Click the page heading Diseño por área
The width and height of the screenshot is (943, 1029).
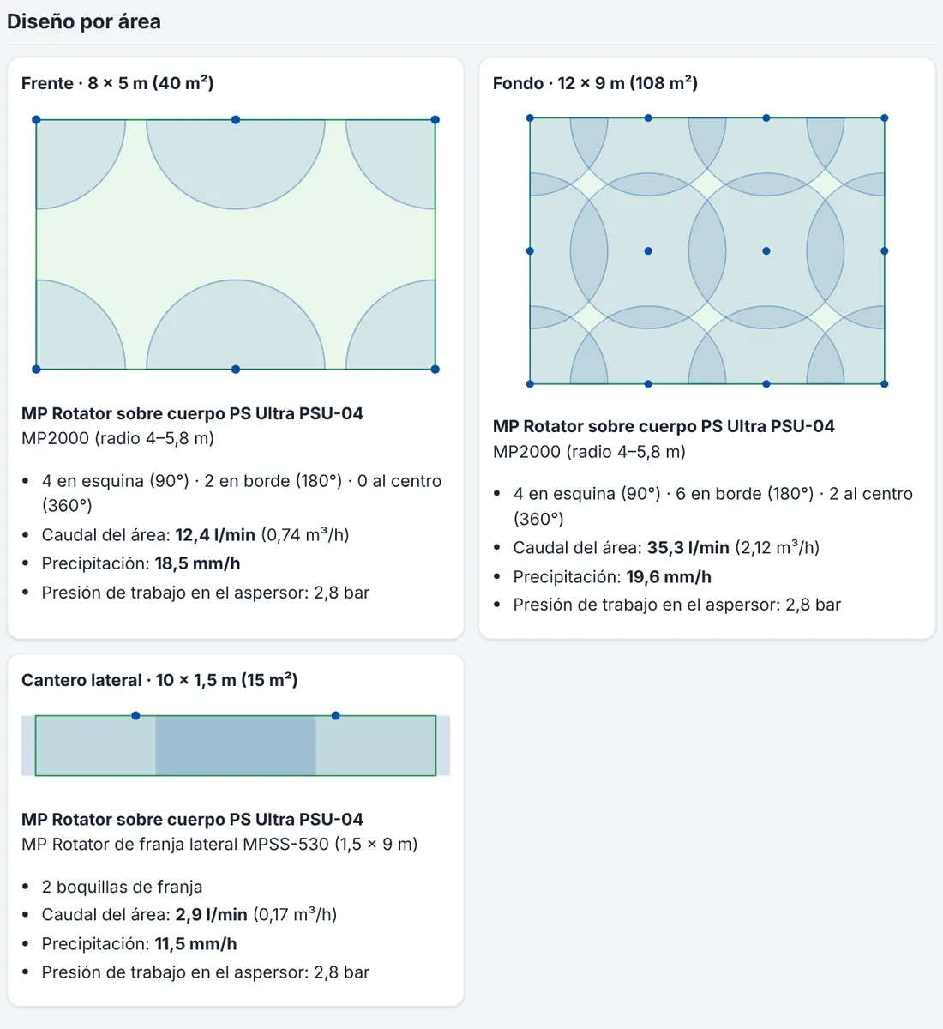click(84, 21)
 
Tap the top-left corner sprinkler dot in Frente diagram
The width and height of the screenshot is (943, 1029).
click(36, 119)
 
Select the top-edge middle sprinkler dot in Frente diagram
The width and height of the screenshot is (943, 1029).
click(236, 119)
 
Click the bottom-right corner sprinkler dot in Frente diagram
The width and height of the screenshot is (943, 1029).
click(435, 369)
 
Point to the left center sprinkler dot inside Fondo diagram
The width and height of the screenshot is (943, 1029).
click(648, 251)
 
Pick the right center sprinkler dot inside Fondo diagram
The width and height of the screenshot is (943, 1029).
click(766, 251)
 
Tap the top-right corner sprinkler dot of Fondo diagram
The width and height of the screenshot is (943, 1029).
click(885, 118)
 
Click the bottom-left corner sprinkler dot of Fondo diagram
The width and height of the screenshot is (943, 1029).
click(530, 383)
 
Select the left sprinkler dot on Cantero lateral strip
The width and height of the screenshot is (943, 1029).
click(135, 715)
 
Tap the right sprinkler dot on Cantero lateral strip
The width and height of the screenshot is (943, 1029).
click(335, 715)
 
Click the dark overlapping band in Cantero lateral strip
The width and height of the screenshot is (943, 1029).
click(236, 745)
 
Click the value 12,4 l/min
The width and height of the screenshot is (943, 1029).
click(215, 534)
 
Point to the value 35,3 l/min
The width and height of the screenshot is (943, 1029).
click(688, 547)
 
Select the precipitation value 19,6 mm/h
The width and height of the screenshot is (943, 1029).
click(669, 576)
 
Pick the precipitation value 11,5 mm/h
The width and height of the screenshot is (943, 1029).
click(196, 943)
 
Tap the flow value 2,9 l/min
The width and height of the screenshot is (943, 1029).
click(212, 914)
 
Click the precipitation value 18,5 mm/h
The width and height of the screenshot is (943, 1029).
click(197, 563)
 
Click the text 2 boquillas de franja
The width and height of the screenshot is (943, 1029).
click(122, 887)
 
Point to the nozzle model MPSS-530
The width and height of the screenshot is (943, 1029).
click(285, 844)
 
